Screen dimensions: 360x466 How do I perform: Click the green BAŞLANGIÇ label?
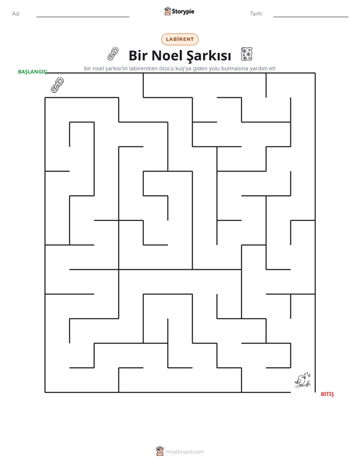pos(32,72)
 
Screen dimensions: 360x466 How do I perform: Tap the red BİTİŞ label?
pos(327,394)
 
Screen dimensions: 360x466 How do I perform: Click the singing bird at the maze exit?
pos(303,380)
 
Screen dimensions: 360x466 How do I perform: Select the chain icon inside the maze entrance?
pos(57,85)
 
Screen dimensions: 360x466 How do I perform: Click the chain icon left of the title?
pos(113,54)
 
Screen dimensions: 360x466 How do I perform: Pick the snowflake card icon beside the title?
pos(247,54)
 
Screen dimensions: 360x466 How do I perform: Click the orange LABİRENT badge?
pos(179,39)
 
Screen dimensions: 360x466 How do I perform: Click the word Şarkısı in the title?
pos(209,56)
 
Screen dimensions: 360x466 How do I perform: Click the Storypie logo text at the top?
pos(183,12)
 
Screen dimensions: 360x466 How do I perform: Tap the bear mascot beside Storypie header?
pos(167,11)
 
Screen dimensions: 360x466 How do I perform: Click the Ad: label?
pos(16,14)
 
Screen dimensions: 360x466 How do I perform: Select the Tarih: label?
pos(256,14)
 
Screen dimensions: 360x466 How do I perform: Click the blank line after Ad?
pos(83,17)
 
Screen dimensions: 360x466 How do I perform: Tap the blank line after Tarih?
pos(311,17)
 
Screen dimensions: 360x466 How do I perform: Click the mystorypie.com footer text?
pos(185,452)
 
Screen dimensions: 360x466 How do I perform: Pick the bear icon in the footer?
pos(160,451)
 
